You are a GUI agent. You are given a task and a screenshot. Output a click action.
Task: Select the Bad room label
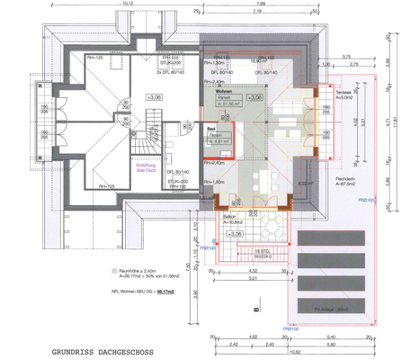pos(212,130)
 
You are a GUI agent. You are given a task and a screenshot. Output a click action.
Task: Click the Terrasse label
pos(342,93)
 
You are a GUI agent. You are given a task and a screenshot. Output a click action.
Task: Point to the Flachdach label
pos(343,178)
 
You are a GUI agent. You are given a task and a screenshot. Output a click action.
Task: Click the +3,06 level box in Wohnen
pos(254,96)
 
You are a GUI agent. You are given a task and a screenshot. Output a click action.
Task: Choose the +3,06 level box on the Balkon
pos(236,234)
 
